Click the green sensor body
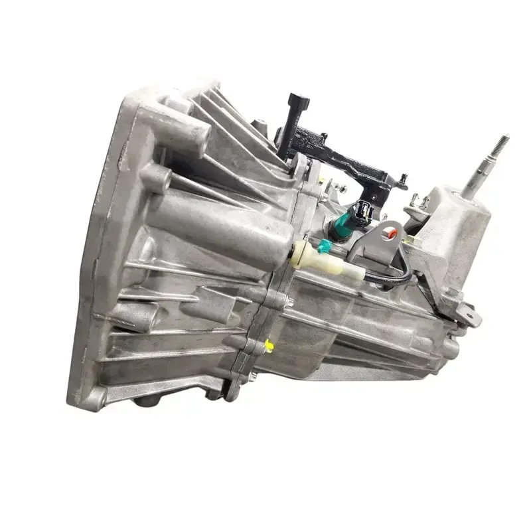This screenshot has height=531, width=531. click(x=342, y=224)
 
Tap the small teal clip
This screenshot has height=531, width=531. click(x=323, y=246)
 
